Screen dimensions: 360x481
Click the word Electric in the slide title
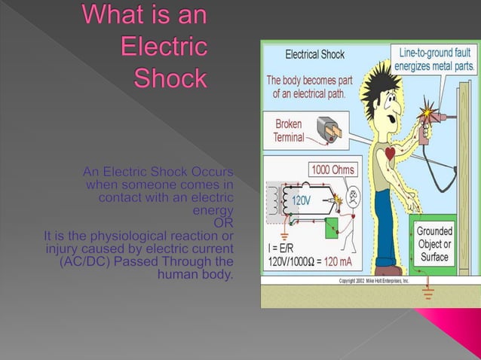[x=164, y=46]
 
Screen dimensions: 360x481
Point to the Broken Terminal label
[x=289, y=130]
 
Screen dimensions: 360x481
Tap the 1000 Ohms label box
[x=333, y=170]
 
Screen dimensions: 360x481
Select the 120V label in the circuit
[x=301, y=201]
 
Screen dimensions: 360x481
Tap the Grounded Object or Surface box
[x=434, y=245]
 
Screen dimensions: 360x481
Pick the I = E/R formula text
[x=283, y=249]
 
